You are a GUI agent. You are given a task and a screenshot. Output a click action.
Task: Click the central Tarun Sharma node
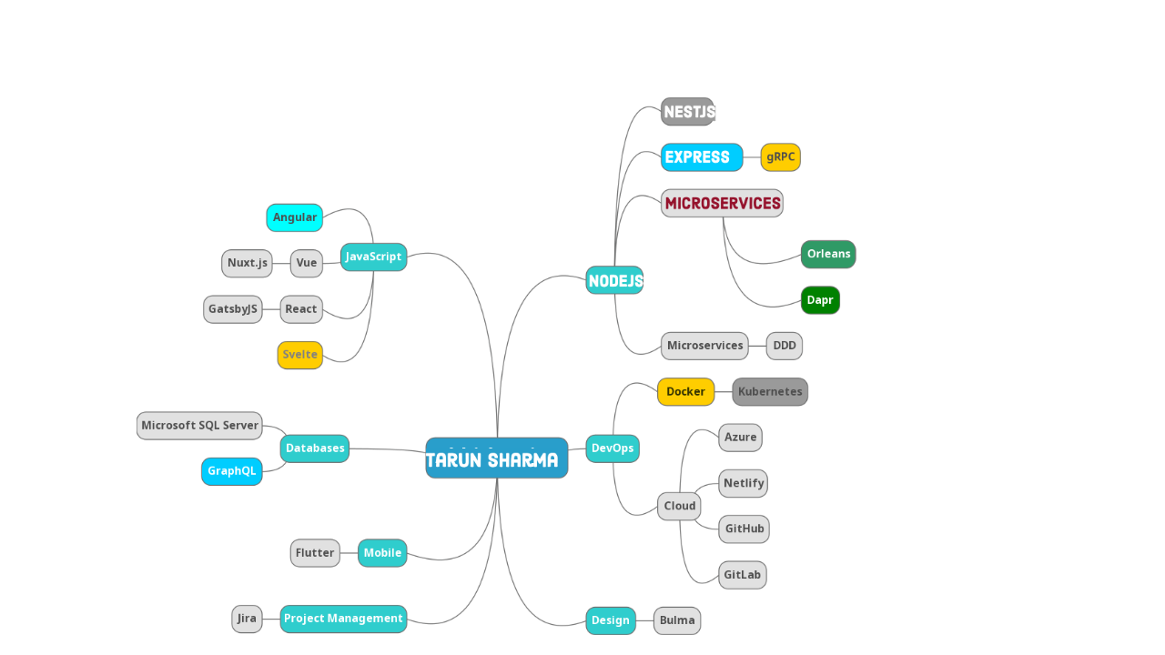(496, 458)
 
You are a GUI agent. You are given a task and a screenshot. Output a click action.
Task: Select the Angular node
(294, 217)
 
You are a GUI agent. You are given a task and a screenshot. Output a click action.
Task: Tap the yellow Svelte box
(299, 355)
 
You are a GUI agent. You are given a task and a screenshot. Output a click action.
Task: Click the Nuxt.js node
(247, 264)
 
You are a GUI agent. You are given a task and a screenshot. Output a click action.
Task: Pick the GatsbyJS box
(232, 309)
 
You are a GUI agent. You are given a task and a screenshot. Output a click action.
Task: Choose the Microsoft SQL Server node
(199, 426)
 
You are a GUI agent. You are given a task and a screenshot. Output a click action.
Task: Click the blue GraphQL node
(231, 471)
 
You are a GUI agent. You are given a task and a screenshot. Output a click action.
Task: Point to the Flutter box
(315, 553)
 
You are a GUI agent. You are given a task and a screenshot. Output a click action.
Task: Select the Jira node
(247, 619)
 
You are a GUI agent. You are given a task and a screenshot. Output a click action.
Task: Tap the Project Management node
(343, 619)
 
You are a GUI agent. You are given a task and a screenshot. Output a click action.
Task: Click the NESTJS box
(688, 112)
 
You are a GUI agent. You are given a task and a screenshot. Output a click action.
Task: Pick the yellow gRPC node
(780, 157)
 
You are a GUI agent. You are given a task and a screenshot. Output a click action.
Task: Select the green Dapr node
(820, 300)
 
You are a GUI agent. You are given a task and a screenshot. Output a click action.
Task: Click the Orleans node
(828, 255)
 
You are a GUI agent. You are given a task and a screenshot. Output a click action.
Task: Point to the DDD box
(784, 346)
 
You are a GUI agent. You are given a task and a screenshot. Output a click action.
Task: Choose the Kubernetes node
(770, 392)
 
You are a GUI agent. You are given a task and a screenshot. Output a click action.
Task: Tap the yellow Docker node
(685, 392)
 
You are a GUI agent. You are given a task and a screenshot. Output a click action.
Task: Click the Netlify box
(743, 483)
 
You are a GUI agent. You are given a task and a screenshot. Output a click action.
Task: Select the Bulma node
(677, 620)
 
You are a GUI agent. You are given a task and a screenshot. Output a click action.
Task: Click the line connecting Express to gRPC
(752, 157)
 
